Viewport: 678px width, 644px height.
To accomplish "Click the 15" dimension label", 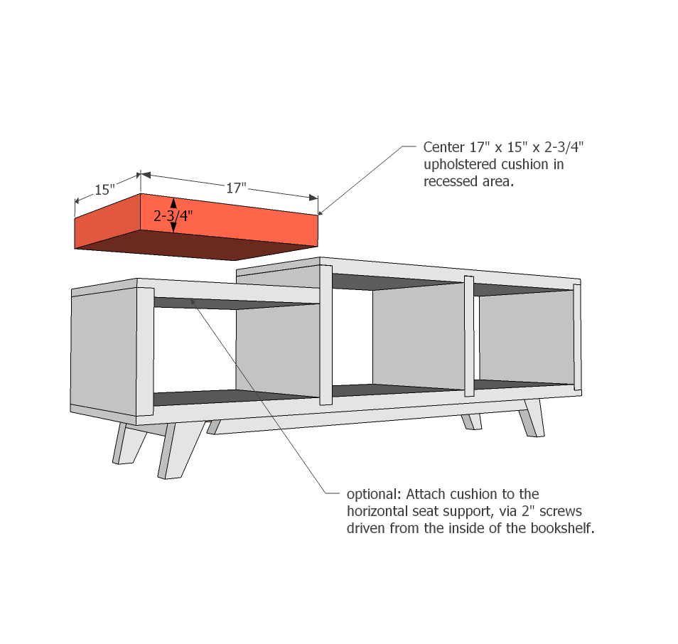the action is tap(104, 190).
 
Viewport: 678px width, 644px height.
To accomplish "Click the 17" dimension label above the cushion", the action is tap(236, 188).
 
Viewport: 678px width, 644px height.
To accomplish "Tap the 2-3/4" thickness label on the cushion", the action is tap(173, 215).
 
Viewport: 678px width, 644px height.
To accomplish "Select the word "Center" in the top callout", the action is tap(443, 147).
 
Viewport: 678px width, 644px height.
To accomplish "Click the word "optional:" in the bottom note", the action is tap(374, 494).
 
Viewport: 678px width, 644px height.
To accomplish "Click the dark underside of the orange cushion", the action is tap(194, 245).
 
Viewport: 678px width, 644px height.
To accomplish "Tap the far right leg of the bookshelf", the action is tap(533, 418).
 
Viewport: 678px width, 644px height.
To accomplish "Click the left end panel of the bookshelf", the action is tap(104, 352).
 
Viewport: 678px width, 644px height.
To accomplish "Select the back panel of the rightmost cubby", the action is tap(526, 336).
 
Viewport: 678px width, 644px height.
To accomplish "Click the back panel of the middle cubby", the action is tap(419, 335).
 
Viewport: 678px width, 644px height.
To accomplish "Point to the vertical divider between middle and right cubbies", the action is tap(469, 336).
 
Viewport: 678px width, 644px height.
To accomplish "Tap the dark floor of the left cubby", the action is tap(229, 397).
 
